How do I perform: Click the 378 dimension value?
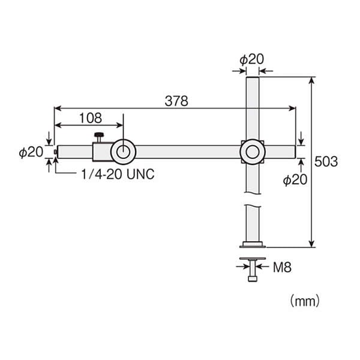pyautogui.click(x=176, y=101)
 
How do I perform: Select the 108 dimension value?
pyautogui.click(x=91, y=118)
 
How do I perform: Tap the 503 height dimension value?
pyautogui.click(x=326, y=161)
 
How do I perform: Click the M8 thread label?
pyautogui.click(x=282, y=267)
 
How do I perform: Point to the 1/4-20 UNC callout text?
pyautogui.click(x=118, y=174)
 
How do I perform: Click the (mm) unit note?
pyautogui.click(x=305, y=301)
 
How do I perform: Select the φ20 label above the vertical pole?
pyautogui.click(x=251, y=59)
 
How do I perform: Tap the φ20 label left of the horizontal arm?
pyautogui.click(x=31, y=152)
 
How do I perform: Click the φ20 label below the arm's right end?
pyautogui.click(x=295, y=179)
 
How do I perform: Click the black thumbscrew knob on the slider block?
pyautogui.click(x=99, y=135)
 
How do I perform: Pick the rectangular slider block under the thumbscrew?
pyautogui.click(x=103, y=152)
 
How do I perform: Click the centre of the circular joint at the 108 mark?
pyautogui.click(x=123, y=152)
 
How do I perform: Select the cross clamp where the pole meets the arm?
pyautogui.click(x=253, y=152)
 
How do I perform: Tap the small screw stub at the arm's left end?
pyautogui.click(x=55, y=152)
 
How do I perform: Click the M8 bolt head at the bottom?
pyautogui.click(x=253, y=279)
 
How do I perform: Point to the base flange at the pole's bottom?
pyautogui.click(x=253, y=245)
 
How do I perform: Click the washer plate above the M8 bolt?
pyautogui.click(x=253, y=259)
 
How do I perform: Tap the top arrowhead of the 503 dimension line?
pyautogui.click(x=311, y=80)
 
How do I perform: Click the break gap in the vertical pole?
pyautogui.click(x=253, y=199)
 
